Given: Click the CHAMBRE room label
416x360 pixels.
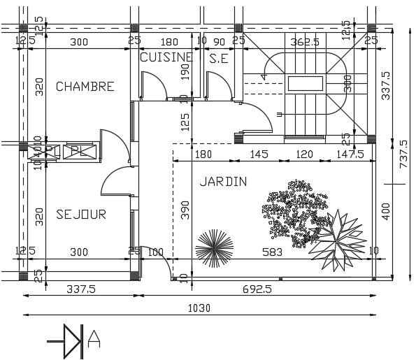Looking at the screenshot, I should pyautogui.click(x=85, y=87).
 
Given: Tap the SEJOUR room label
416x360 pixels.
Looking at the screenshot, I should pyautogui.click(x=81, y=214).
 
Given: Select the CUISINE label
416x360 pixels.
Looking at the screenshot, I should pyautogui.click(x=166, y=58).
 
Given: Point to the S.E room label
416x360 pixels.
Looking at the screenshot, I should pyautogui.click(x=219, y=59).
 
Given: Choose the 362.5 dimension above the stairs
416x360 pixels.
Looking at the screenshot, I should pyautogui.click(x=304, y=42).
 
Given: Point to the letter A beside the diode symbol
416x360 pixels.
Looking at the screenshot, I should pyautogui.click(x=95, y=340).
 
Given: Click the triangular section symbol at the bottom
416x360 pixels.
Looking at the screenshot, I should pyautogui.click(x=72, y=340).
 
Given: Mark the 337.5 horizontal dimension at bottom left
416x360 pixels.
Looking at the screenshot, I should pyautogui.click(x=80, y=287).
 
